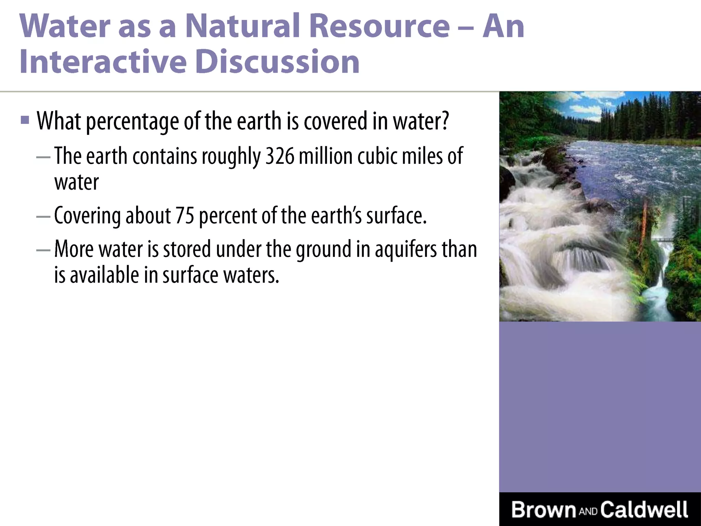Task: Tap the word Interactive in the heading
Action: pyautogui.click(x=103, y=62)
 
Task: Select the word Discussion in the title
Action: pyautogui.click(x=278, y=62)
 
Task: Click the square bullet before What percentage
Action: pyautogui.click(x=25, y=120)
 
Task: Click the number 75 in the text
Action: pyautogui.click(x=185, y=216)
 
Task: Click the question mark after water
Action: pyautogui.click(x=445, y=121)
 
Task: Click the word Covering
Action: pyautogui.click(x=87, y=216)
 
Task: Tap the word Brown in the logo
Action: pyautogui.click(x=544, y=510)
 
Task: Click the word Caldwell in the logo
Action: pyautogui.click(x=644, y=510)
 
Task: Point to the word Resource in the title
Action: pyautogui.click(x=379, y=26)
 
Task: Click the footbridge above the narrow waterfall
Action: pyautogui.click(x=662, y=239)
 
